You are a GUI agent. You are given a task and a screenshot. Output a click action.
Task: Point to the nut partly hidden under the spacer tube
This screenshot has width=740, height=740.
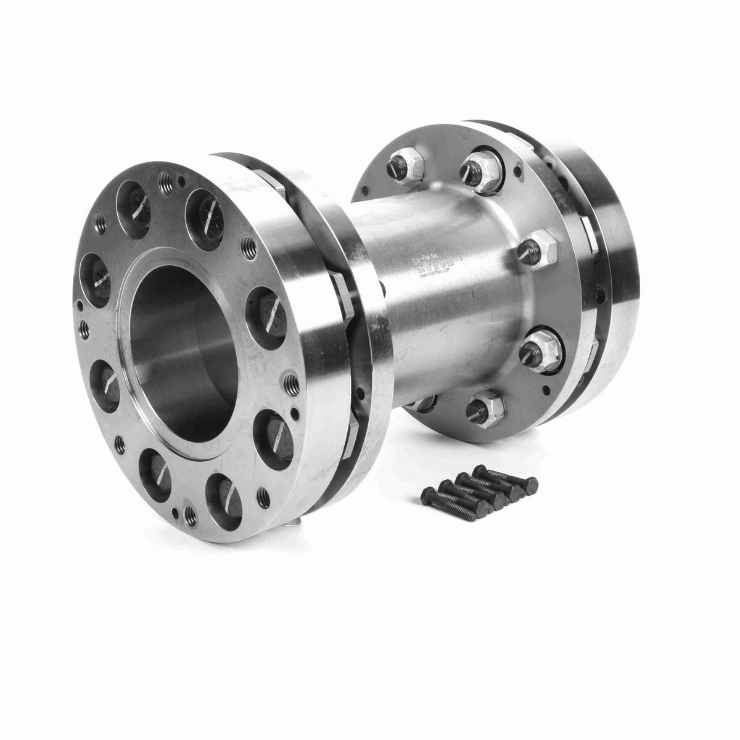coord(423,401)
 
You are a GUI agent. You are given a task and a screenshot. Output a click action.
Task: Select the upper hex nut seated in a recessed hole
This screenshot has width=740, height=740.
coord(482,166)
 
